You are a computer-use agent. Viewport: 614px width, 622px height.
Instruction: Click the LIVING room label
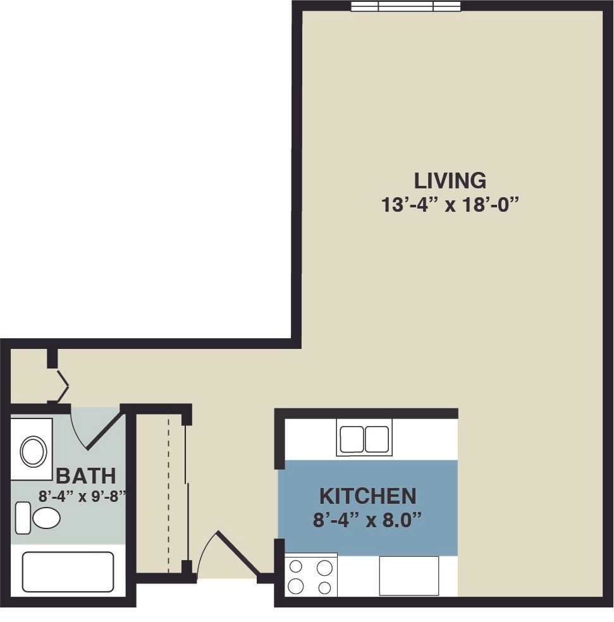pos(450,181)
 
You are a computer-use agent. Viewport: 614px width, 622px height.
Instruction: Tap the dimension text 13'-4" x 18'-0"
pos(450,205)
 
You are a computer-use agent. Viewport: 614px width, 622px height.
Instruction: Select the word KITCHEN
pos(368,496)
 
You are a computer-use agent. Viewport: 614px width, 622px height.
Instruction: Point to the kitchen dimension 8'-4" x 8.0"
pos(367,520)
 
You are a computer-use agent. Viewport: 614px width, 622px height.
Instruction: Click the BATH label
pos(86,476)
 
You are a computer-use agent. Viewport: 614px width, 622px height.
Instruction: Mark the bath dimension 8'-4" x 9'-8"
pos(82,496)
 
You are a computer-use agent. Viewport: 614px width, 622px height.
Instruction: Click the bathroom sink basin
pos(34,451)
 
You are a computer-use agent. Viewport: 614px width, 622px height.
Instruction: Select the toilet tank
pos(23,518)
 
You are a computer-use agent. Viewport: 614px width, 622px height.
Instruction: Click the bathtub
pos(68,572)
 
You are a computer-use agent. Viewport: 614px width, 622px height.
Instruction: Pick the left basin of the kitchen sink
pos(352,439)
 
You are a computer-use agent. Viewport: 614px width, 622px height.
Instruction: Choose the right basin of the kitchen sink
pos(377,439)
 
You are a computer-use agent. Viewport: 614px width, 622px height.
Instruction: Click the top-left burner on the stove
pos(296,567)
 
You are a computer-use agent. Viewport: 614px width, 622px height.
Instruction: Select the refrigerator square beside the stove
pos(409,576)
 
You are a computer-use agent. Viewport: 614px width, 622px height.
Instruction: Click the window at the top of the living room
pos(405,6)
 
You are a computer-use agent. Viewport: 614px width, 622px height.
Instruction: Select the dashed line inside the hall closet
pos(168,491)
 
